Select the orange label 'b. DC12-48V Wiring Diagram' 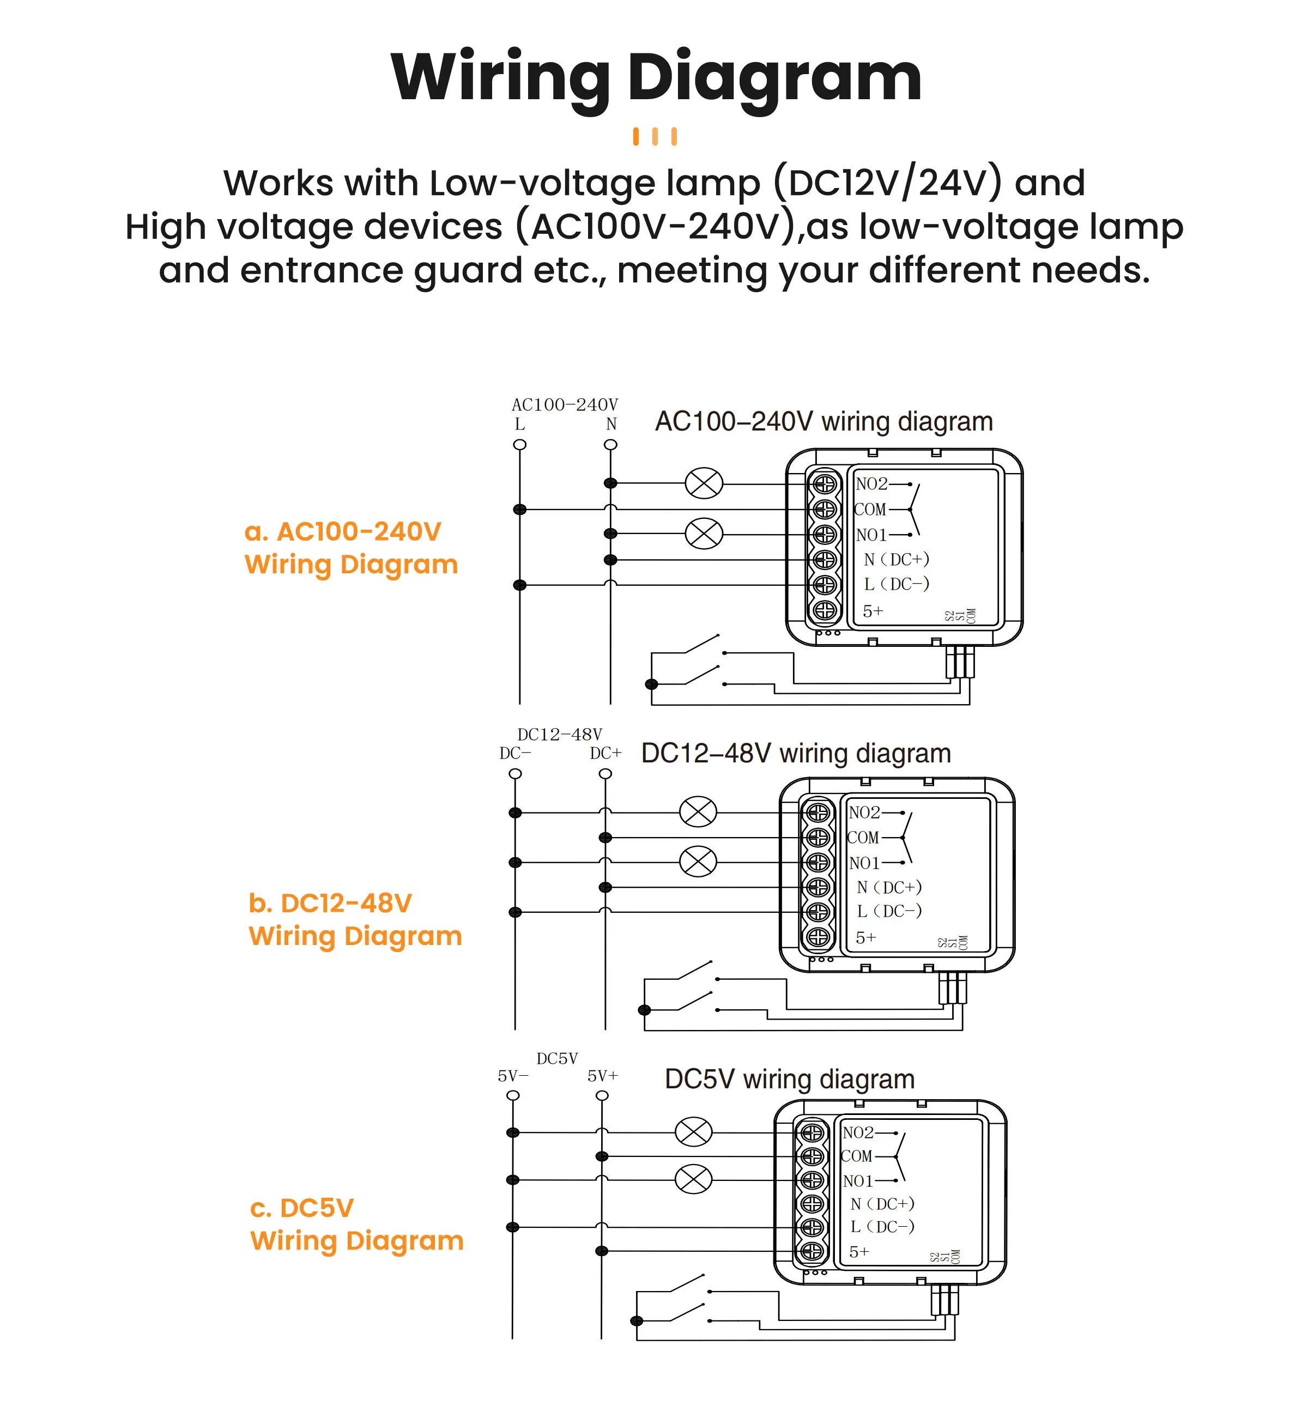tap(355, 919)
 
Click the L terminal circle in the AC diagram tap(519, 445)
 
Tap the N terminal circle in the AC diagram tap(610, 445)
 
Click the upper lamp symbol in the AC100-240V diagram tap(704, 484)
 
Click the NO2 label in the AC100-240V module tap(871, 484)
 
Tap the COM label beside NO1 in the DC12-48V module tap(863, 837)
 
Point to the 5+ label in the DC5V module tap(858, 1252)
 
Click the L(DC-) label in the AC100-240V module tap(896, 584)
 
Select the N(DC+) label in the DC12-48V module tap(889, 887)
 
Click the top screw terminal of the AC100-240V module tap(825, 484)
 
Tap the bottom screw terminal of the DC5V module tap(812, 1251)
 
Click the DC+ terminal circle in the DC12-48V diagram tap(605, 774)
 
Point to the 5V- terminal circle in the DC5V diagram tap(513, 1095)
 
